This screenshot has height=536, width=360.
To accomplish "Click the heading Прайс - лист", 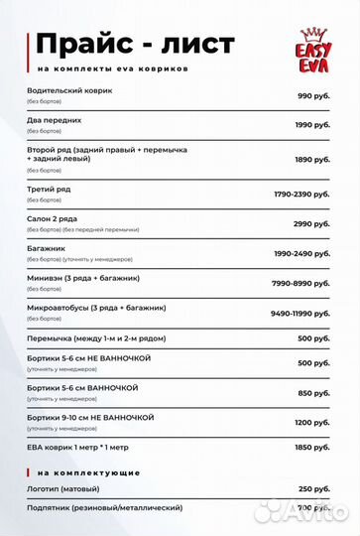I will (x=135, y=44).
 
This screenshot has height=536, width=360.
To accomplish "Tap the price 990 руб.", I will (x=313, y=95).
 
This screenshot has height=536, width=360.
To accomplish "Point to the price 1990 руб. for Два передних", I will (x=311, y=125).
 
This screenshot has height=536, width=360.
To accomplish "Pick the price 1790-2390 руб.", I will (x=301, y=194).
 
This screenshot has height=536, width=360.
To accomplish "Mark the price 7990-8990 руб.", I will (x=301, y=283).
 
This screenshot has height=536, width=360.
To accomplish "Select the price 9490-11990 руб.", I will (x=300, y=313).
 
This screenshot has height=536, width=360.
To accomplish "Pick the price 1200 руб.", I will (x=312, y=422).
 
